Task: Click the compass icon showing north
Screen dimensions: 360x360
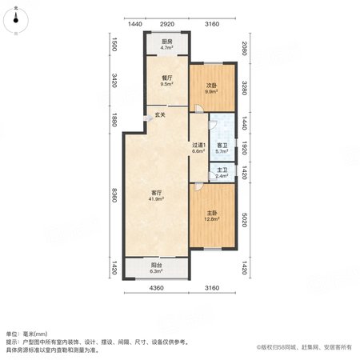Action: point(16,20)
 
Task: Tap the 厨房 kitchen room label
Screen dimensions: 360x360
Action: point(167,42)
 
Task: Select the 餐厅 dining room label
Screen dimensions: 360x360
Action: point(167,78)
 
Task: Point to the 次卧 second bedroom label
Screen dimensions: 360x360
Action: point(212,86)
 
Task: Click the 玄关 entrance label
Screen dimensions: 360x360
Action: point(160,115)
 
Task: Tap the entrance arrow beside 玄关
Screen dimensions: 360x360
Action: point(148,118)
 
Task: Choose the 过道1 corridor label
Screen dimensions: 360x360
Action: point(199,145)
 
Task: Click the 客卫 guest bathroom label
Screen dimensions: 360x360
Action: point(222,146)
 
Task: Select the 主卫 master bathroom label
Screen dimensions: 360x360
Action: point(222,170)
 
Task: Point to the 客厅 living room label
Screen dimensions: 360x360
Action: point(157,193)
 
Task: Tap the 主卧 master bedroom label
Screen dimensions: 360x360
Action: point(212,213)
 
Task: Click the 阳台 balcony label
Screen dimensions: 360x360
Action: point(157,266)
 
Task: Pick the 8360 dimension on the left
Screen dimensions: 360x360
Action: point(114,195)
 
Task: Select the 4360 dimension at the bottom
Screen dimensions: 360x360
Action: point(157,288)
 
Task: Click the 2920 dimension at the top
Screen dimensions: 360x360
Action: point(167,24)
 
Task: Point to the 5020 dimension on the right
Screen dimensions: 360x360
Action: point(244,220)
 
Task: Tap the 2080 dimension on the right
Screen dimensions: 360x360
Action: point(244,48)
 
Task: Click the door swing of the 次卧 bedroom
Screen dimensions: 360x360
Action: point(199,109)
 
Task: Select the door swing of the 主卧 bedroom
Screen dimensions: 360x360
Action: point(198,186)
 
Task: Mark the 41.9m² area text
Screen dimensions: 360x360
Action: point(157,198)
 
